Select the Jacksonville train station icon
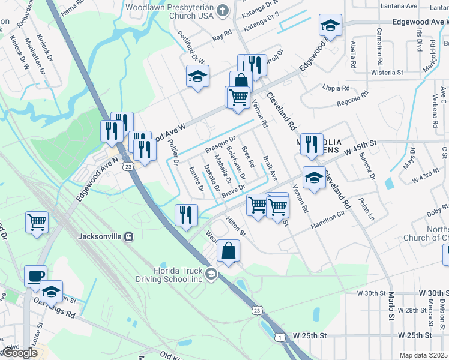coord(128,236)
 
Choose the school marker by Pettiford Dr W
coord(196,77)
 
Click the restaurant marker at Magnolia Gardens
coord(312,143)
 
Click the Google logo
coord(20,353)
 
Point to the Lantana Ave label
coord(399,6)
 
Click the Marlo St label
coord(391,305)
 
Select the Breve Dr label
coord(234,190)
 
